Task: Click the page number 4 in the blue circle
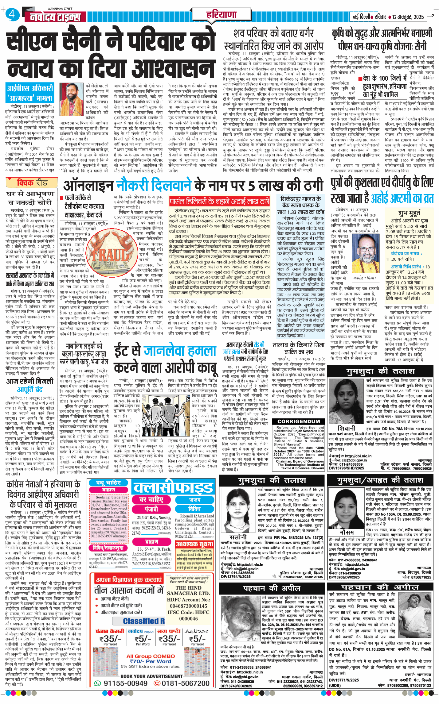pyautogui.click(x=12, y=14)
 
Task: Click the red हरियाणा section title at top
pyautogui.click(x=221, y=14)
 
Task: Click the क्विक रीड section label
pyautogui.click(x=32, y=183)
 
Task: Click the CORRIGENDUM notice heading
pyautogui.click(x=299, y=421)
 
